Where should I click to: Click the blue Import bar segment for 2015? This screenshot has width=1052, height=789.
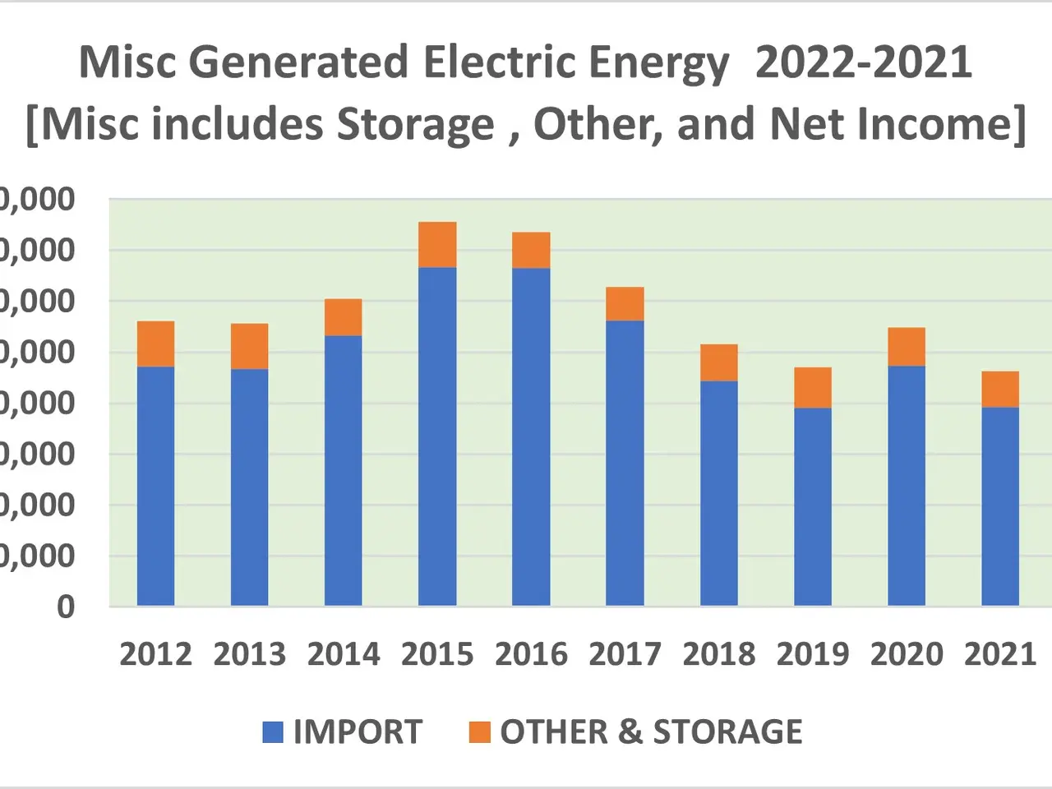[x=437, y=436]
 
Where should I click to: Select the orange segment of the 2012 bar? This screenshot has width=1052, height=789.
[x=155, y=344]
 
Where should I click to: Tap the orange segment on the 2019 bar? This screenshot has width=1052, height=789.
[x=813, y=387]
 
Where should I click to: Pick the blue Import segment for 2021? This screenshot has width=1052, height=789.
[x=1000, y=506]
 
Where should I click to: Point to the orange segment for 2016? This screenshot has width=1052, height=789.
[x=531, y=250]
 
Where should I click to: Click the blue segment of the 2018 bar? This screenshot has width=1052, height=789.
[x=719, y=493]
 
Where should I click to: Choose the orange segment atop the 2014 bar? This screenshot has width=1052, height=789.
[x=344, y=317]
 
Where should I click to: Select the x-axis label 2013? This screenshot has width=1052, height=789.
[x=249, y=654]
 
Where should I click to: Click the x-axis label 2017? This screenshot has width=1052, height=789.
[x=625, y=654]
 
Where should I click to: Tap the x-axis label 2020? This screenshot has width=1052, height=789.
[x=907, y=654]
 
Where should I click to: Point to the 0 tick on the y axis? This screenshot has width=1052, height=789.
[x=66, y=607]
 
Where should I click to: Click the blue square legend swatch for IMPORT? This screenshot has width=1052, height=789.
[x=273, y=731]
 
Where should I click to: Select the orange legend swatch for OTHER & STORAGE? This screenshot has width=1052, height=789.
[x=480, y=731]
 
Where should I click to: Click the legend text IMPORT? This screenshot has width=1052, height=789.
[x=358, y=731]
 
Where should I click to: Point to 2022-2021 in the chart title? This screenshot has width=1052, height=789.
[x=863, y=62]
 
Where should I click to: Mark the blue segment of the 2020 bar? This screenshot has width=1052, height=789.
[x=907, y=486]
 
